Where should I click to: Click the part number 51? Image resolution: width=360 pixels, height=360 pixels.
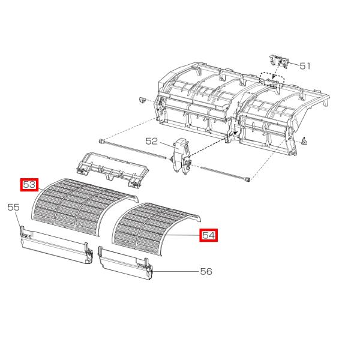(x=305, y=66)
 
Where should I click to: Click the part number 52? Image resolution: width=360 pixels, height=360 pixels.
(x=152, y=142)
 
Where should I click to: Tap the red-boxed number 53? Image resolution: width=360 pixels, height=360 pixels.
(x=29, y=185)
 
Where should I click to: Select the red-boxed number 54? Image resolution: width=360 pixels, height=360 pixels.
(x=209, y=235)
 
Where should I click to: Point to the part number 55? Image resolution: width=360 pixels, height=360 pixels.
(x=14, y=207)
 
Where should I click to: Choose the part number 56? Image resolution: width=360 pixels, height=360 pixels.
(x=206, y=272)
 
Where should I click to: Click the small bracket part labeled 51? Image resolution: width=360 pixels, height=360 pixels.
(x=279, y=62)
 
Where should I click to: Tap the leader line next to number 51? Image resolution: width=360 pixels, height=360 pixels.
(x=293, y=65)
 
